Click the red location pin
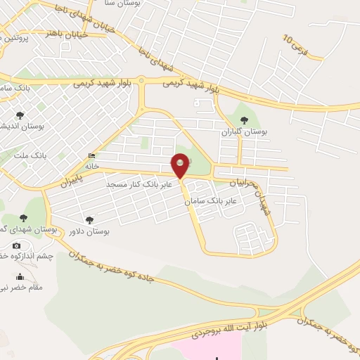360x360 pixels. (x=181, y=165)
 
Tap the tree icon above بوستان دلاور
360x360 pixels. (x=89, y=219)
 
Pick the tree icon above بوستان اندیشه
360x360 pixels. (x=19, y=115)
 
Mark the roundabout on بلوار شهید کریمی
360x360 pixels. (x=141, y=81)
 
